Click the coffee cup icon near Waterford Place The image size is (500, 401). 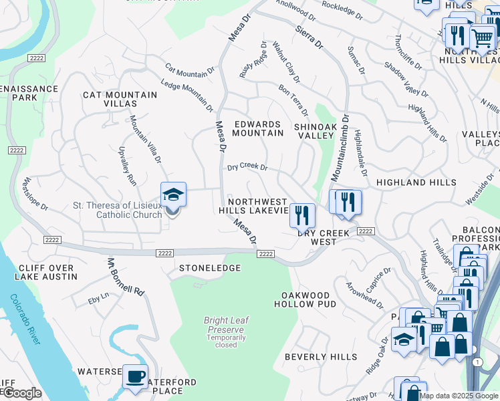click(x=136, y=378)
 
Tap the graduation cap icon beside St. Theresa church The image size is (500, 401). click(x=174, y=195)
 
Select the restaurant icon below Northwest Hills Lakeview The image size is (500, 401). click(x=302, y=215)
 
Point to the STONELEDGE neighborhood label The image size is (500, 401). click(x=210, y=268)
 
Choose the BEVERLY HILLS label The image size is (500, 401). click(x=321, y=357)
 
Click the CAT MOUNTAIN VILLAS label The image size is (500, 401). click(x=120, y=99)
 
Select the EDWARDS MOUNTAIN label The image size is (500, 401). click(x=258, y=128)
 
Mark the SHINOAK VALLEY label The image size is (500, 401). click(x=314, y=130)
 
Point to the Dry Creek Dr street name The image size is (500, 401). click(x=247, y=168)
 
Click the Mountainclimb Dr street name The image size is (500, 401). click(x=339, y=148)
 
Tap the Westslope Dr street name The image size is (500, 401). click(x=35, y=194)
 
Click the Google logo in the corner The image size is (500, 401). click(x=21, y=393)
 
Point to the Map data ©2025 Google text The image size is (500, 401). click(x=458, y=396)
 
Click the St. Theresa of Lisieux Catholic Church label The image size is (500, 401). click(x=117, y=210)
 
